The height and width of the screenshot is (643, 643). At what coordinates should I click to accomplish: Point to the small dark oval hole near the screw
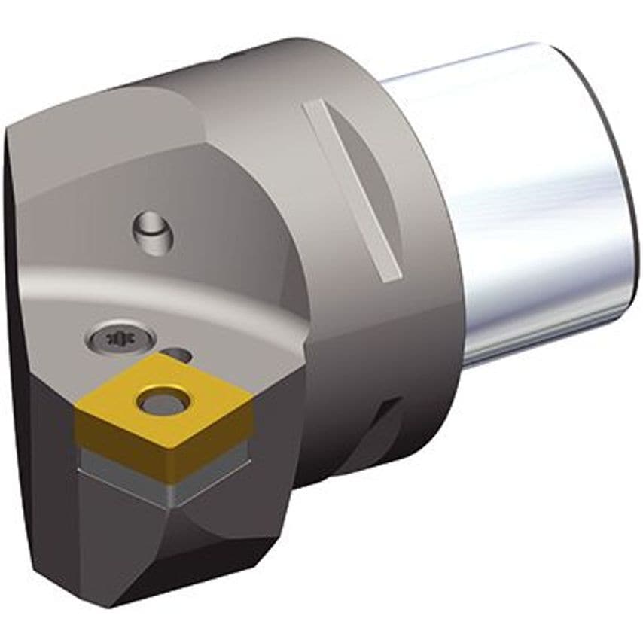(176, 354)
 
